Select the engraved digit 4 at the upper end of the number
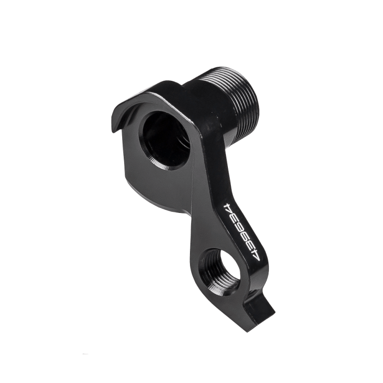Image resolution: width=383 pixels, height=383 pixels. pyautogui.click(x=228, y=207)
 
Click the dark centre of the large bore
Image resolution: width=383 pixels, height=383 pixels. pyautogui.click(x=161, y=139)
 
